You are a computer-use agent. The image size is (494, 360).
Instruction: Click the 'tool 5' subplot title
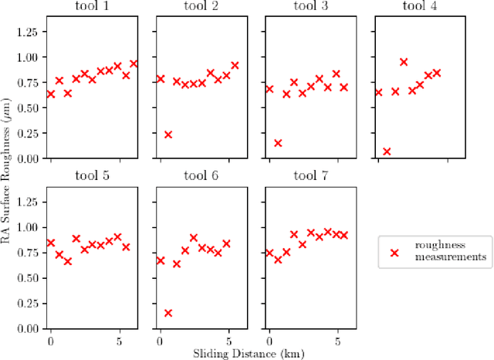(92, 176)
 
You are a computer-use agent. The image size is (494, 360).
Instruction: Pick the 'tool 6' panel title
(201, 176)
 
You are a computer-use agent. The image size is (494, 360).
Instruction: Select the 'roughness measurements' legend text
(451, 252)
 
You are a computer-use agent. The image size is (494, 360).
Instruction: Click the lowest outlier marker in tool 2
(168, 134)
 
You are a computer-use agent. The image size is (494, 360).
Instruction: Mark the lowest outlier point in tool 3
(278, 143)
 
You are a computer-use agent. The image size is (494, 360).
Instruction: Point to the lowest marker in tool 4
(387, 151)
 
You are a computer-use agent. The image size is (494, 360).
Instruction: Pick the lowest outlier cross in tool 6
(168, 313)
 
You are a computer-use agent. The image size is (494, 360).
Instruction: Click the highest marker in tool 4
(404, 62)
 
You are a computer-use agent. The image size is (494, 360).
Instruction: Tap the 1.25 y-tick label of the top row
(28, 31)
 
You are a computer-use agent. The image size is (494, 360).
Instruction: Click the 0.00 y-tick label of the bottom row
(28, 328)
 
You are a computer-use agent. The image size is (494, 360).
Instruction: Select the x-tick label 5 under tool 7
(337, 341)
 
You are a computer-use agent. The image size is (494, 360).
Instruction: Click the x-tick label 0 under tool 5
(51, 341)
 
